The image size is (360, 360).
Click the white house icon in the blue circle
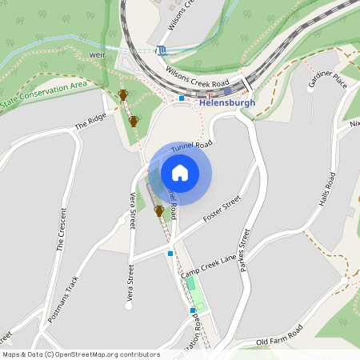[180, 173]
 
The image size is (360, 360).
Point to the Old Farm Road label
[279, 336]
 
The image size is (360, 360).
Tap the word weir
[98, 55]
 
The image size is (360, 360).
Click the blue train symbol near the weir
[162, 50]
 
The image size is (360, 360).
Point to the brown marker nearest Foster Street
[159, 211]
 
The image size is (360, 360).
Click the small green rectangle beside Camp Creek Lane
[190, 284]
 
